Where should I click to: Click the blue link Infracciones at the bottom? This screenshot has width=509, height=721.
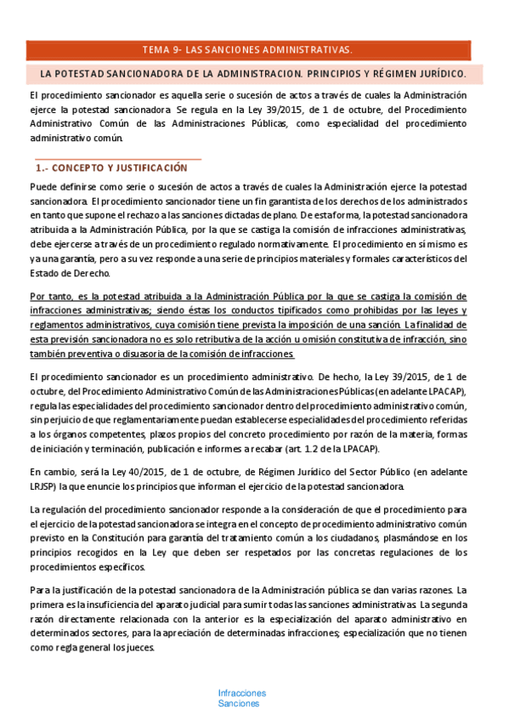(241, 693)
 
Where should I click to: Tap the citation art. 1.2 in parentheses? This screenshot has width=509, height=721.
(314, 449)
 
